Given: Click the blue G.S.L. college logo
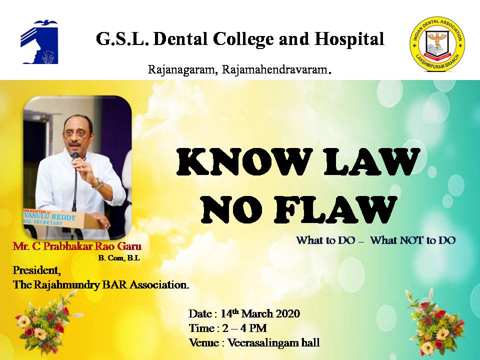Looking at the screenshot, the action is [x=39, y=42].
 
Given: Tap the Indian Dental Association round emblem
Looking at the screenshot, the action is [x=437, y=44].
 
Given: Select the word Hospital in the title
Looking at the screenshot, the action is [x=349, y=39].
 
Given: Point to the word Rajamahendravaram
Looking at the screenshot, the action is [x=274, y=69].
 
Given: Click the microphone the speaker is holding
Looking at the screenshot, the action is [x=75, y=156].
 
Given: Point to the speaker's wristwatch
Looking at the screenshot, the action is [x=98, y=183].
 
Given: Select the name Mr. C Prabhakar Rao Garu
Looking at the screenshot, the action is [x=77, y=246].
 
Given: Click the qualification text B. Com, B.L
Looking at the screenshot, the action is [x=119, y=258].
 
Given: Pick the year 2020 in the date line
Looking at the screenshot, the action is [x=288, y=314].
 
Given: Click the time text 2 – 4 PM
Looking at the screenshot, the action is [x=244, y=328].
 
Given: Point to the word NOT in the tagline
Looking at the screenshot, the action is [x=411, y=240].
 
